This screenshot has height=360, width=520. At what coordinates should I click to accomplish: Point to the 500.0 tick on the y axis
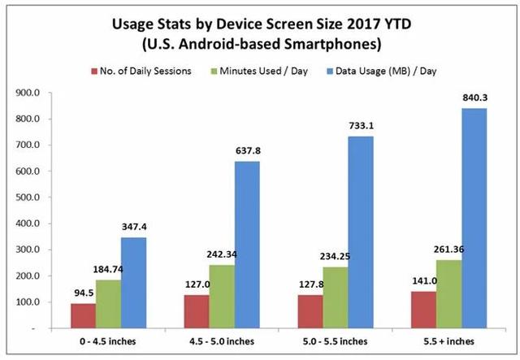[x=28, y=197]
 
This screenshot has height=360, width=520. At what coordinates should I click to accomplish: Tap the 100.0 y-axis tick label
[x=28, y=301]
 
